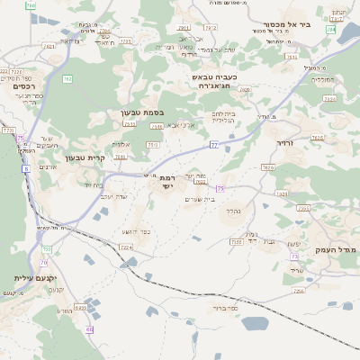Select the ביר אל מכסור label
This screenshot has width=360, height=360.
coord(288,24)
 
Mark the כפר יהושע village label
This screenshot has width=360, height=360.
coord(134,232)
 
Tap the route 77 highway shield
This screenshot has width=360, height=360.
coord(214,144)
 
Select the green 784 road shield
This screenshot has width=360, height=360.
coord(331,30)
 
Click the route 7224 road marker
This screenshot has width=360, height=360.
coord(126,247)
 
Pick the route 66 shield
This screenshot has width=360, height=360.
coord(89,329)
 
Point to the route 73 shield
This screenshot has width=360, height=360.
coord(294,256)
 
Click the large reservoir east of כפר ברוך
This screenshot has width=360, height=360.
coord(256,323)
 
